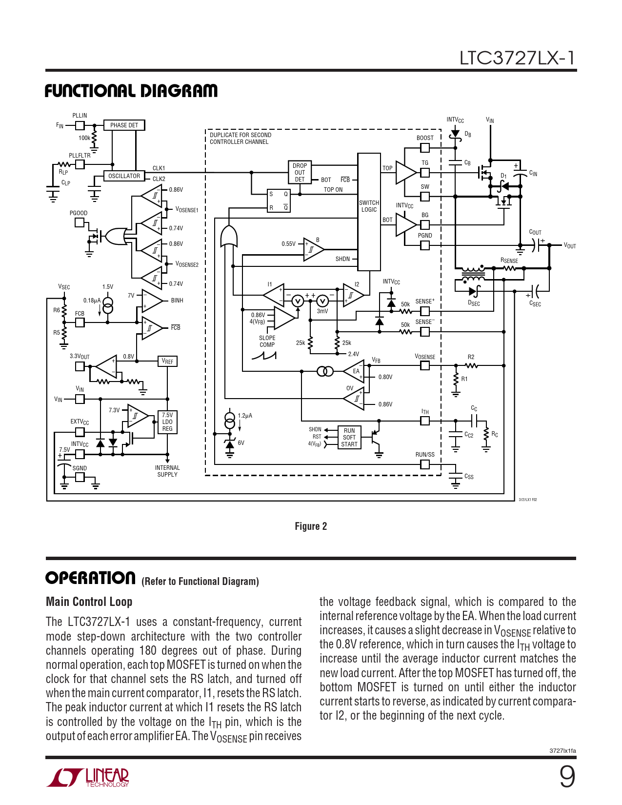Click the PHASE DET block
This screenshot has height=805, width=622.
pos(124,125)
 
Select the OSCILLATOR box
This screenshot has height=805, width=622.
pos(124,176)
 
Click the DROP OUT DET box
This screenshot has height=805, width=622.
pos(300,173)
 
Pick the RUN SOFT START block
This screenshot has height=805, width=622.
pos(349,438)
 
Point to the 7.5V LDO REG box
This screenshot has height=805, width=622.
pos(167,422)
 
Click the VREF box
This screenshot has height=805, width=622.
pos(167,362)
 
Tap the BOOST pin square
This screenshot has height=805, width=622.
pos(425,147)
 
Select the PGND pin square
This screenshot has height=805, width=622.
pos(425,245)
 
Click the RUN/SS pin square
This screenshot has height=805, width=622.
pos(425,464)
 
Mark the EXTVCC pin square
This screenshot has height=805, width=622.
pos(80,431)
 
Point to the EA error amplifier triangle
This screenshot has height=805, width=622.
pos(355,372)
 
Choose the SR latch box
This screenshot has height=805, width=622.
pos(279,201)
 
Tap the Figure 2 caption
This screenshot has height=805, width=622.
pos(311,526)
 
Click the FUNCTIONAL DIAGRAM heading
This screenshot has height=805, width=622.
pos(131,91)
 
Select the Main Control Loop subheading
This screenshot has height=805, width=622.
pos(89,602)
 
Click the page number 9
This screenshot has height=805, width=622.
pos(567,776)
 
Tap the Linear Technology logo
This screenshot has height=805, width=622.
pos(88,777)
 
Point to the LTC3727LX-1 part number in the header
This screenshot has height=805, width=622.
pos(517,58)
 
